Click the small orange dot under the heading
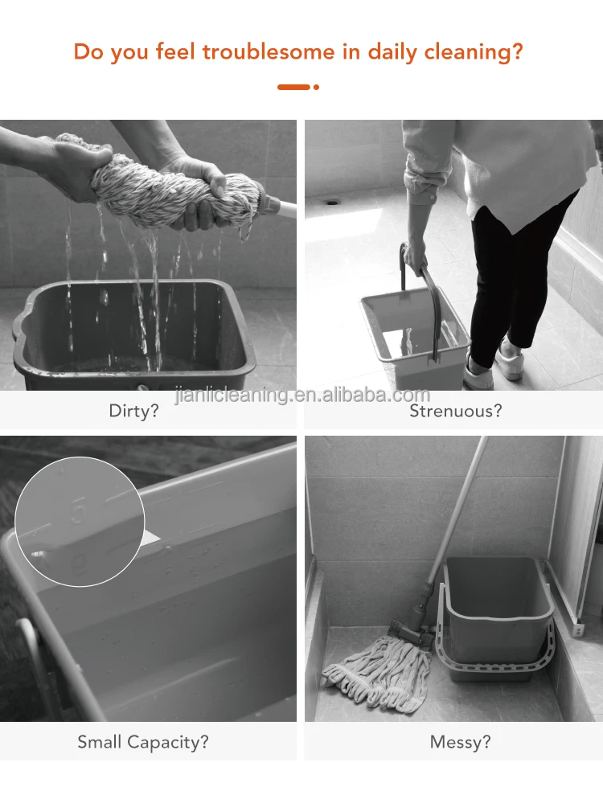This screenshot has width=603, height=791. point(317,88)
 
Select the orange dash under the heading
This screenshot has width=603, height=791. point(293,88)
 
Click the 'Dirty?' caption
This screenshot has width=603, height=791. point(133,411)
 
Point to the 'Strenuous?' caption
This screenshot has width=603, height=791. point(456,411)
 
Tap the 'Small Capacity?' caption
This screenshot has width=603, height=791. point(143,742)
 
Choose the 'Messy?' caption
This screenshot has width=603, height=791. point(460,742)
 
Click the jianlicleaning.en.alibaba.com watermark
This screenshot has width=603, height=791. point(302,395)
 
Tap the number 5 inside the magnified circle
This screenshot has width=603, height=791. point(79,510)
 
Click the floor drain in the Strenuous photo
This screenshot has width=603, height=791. point(332,203)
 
